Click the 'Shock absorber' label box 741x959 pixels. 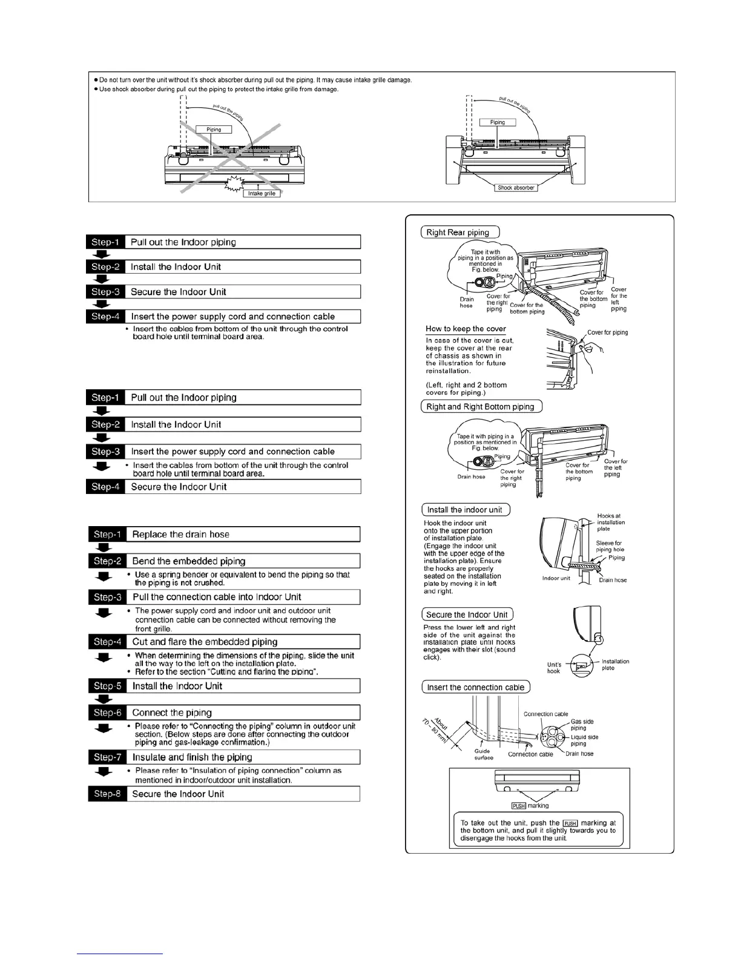pos(516,188)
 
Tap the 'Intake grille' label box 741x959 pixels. pos(262,194)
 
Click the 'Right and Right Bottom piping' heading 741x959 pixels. pos(481,407)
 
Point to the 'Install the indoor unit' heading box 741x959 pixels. pos(466,510)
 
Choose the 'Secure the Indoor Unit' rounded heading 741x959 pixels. pos(467,615)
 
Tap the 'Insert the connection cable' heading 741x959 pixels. pos(476,687)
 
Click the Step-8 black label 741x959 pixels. pos(107,794)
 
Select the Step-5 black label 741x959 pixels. pos(107,686)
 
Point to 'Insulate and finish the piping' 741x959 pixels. pos(192,757)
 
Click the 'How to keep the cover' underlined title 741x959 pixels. pos(466,329)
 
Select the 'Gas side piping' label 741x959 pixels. pos(582,725)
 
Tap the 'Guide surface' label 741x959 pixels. pos(484,754)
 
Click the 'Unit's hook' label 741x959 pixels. pos(553,668)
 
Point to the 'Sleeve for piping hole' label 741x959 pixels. pos(609,546)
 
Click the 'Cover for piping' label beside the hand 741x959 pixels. pos(607,332)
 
